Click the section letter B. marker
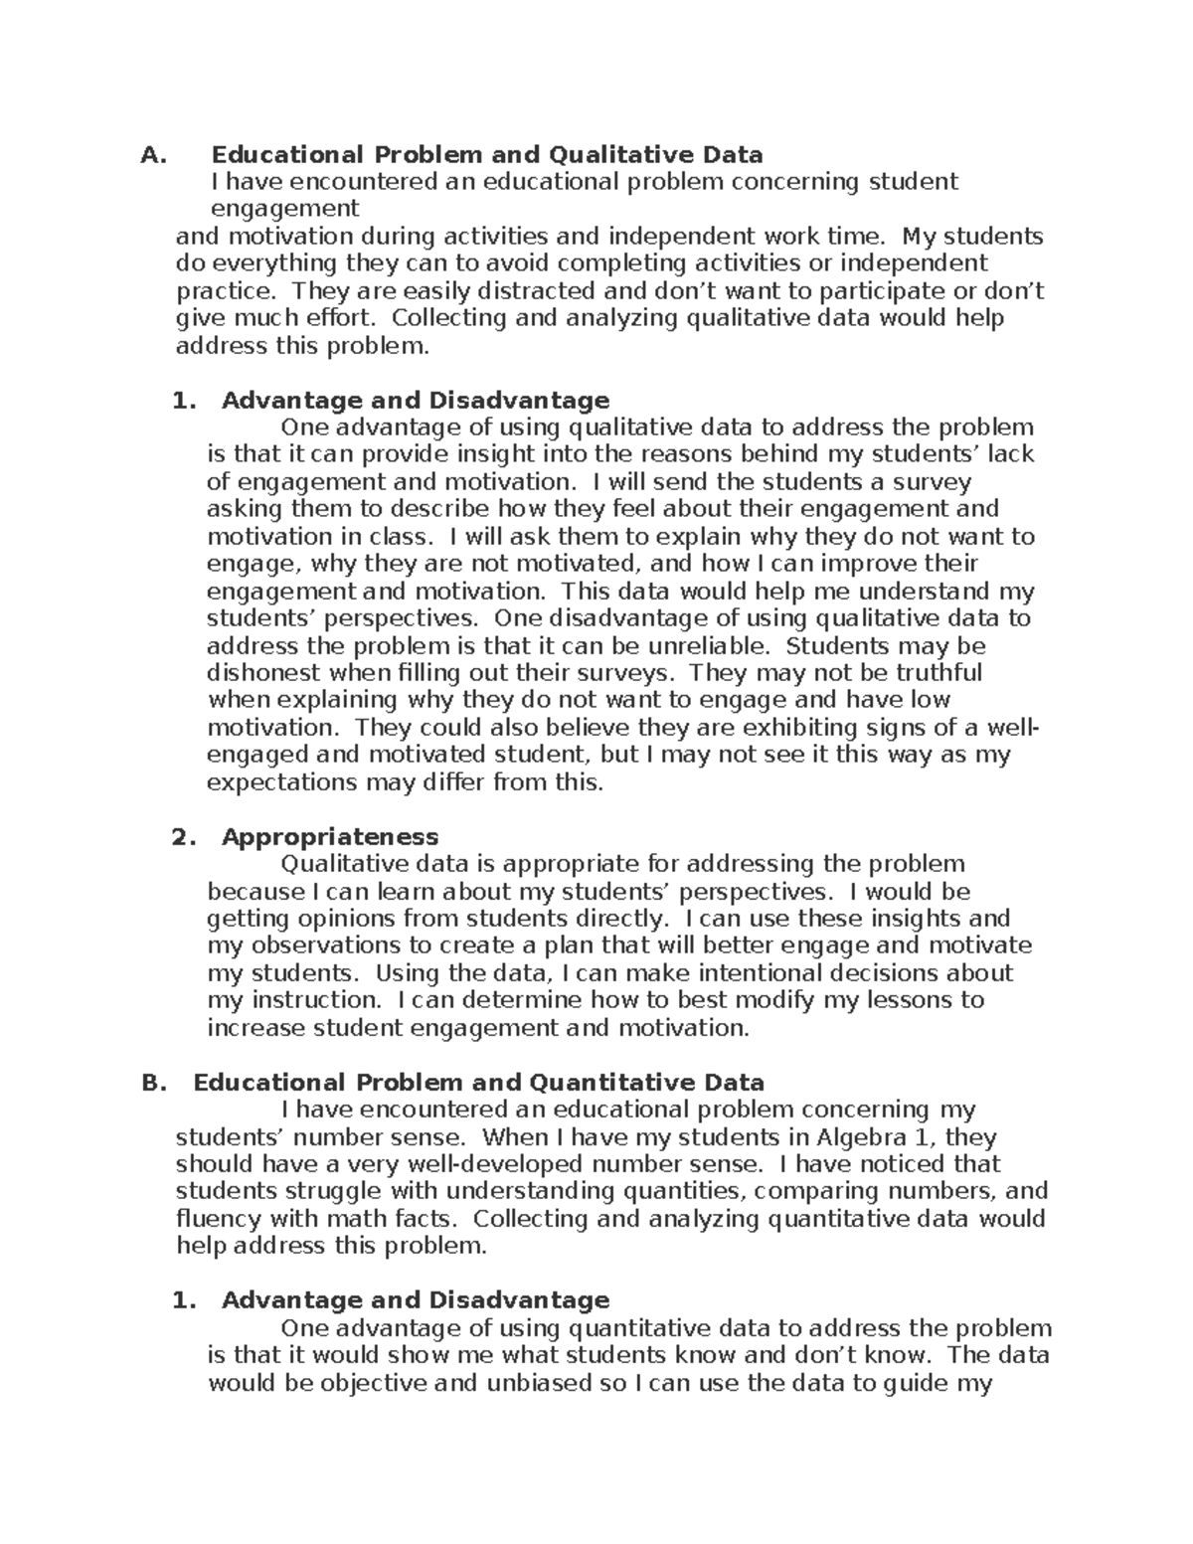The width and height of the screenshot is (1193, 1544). click(154, 1083)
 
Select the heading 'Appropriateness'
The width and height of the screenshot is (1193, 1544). click(329, 836)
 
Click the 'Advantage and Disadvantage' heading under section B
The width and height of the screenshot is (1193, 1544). click(415, 1300)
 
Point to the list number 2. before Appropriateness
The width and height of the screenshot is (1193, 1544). click(185, 836)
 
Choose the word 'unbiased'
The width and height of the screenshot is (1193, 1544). click(539, 1383)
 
